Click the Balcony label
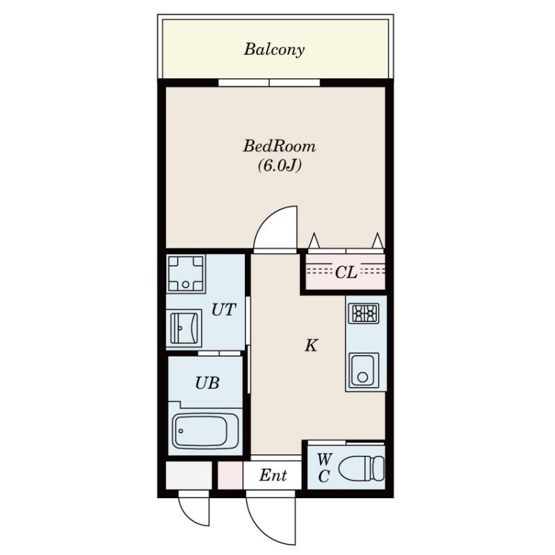coord(274,49)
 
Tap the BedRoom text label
coord(280,146)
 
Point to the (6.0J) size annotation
coord(280,165)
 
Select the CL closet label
coord(345,273)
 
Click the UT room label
coord(223,309)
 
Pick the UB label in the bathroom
coord(207,383)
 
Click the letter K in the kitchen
coord(311,345)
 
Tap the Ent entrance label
coord(273,475)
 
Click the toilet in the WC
coord(361,469)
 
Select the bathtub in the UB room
coord(205,431)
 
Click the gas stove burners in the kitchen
coord(364,314)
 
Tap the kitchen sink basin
coord(364,371)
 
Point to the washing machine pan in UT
coord(186,273)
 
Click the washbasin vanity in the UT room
coord(184,328)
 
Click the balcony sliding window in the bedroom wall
coord(269,83)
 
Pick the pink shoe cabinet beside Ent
coord(230,475)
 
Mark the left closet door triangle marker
coord(314,241)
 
